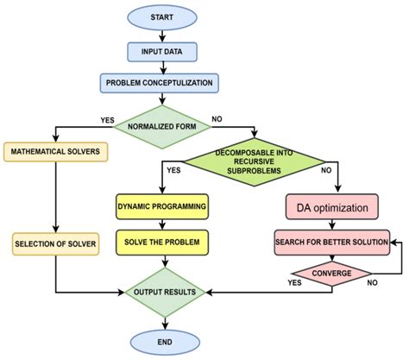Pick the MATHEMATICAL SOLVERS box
56,152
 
